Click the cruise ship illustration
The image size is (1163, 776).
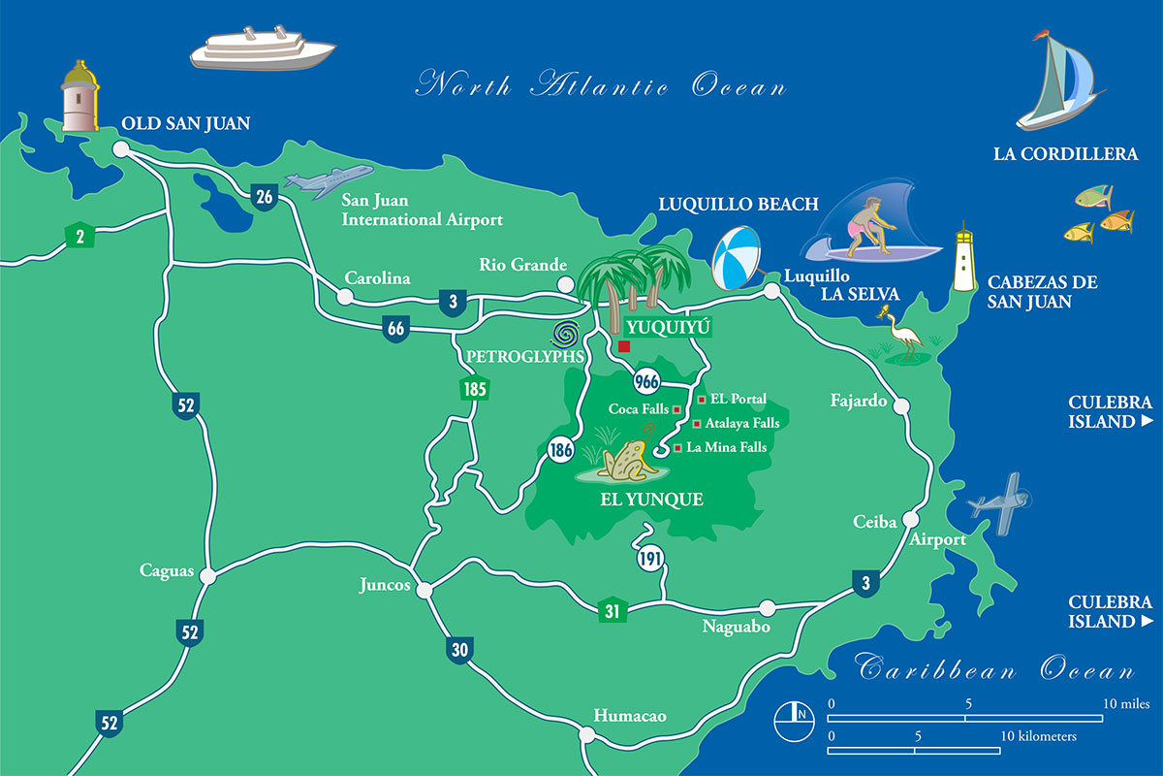pos(262,48)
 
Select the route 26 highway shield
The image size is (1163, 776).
pos(264,197)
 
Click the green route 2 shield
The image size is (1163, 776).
pos(79,234)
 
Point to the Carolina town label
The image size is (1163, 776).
pos(378,278)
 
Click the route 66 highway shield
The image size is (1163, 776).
pos(395,329)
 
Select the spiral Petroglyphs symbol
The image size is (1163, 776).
pos(567,336)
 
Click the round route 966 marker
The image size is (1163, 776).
pos(646,379)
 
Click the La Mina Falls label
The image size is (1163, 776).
pos(726,447)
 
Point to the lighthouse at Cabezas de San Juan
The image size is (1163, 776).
pos(963,259)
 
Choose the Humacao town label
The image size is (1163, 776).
pos(630,716)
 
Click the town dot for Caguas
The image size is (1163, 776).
pos(207,576)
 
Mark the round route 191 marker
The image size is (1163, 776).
pos(649,559)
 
